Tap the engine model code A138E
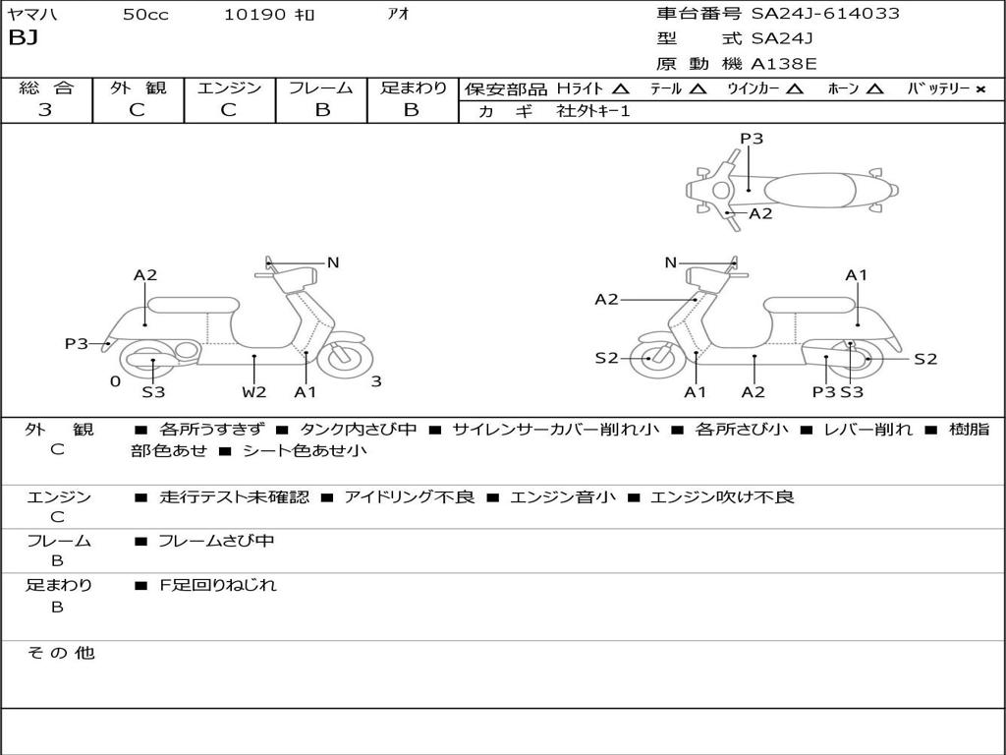[783, 65]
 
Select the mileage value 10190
[254, 15]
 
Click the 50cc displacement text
[145, 15]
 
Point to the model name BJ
[23, 39]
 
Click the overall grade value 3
[45, 110]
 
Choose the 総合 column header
[45, 87]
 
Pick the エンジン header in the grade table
[229, 87]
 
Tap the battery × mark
[979, 88]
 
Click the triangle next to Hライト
[620, 88]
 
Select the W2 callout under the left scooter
[254, 392]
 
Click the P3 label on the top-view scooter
[752, 139]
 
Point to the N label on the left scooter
[333, 262]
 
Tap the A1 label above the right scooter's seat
[857, 275]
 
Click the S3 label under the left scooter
[153, 392]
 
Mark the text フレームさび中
[216, 541]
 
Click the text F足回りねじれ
[218, 585]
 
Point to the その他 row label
[60, 653]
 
